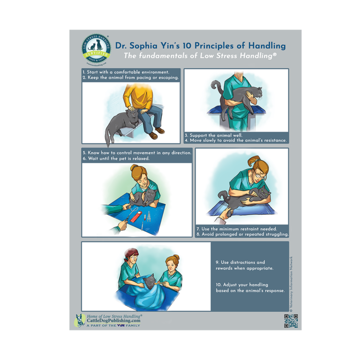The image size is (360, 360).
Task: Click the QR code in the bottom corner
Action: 291,321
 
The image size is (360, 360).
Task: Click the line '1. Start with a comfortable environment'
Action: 126,72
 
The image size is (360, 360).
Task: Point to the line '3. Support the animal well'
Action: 213,135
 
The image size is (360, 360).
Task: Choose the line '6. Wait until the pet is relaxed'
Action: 116,158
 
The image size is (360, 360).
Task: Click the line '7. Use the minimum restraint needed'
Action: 236,229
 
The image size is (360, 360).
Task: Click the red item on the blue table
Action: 137,217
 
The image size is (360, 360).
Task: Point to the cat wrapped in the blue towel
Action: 150,283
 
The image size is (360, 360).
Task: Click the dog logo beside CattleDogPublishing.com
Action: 80,321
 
